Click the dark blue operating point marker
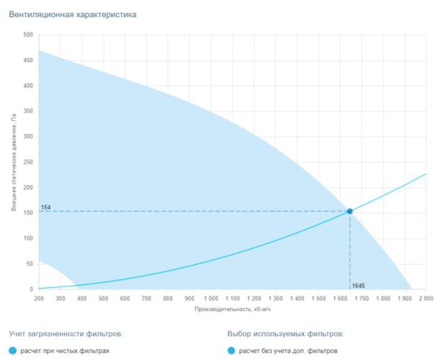click(x=350, y=211)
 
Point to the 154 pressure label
click(x=45, y=207)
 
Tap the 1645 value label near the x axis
click(x=359, y=286)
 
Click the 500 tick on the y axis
click(x=28, y=35)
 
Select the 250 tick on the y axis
click(x=28, y=162)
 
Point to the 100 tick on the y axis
click(x=28, y=238)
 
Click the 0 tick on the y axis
click(x=31, y=289)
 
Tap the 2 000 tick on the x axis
click(x=425, y=298)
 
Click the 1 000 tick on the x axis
click(x=210, y=298)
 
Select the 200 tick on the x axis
click(x=38, y=298)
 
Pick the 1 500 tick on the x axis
click(x=318, y=298)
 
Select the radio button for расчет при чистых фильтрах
click(x=12, y=351)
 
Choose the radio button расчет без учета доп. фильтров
click(x=231, y=351)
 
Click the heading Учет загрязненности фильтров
click(x=66, y=334)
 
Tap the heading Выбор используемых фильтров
click(x=285, y=334)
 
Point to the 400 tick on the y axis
click(x=28, y=86)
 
